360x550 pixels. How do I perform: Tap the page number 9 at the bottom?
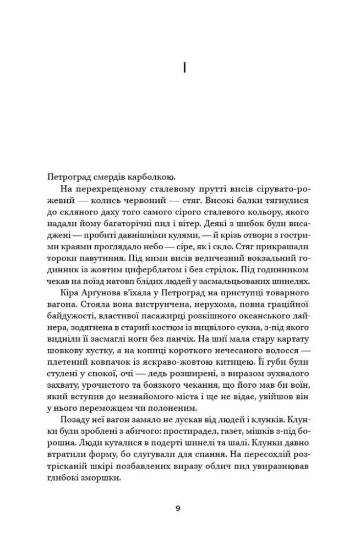177,508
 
